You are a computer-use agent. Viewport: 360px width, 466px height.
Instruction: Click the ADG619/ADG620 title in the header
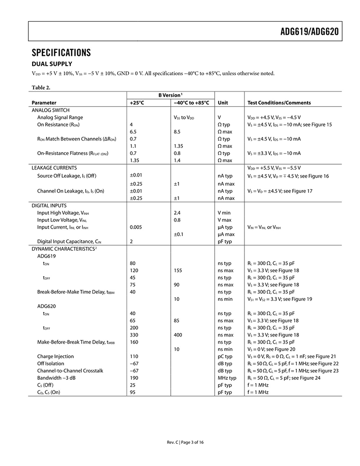[x=309, y=32]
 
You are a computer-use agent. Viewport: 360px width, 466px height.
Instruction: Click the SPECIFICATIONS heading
[x=61, y=52]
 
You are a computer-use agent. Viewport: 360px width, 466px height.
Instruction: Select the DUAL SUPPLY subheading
[x=52, y=64]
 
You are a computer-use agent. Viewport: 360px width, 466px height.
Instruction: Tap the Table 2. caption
[x=41, y=88]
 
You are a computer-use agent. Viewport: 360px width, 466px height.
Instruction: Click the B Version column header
[x=170, y=95]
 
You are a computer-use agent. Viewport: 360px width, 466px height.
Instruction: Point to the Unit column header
[x=223, y=103]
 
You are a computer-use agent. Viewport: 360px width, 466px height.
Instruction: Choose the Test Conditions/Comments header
[x=279, y=103]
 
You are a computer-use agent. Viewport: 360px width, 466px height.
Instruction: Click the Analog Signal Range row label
[x=60, y=117]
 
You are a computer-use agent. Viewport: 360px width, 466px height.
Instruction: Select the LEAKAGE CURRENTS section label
[x=54, y=168]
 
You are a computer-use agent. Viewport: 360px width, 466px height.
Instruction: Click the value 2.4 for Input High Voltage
[x=177, y=212]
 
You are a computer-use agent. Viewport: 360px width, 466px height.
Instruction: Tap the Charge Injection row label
[x=55, y=356]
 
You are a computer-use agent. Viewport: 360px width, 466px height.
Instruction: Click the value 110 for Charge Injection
[x=134, y=356]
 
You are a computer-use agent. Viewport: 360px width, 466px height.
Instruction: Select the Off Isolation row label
[x=51, y=363]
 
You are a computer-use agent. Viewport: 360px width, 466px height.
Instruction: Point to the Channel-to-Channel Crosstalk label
[x=70, y=371]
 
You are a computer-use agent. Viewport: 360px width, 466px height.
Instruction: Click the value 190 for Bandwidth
[x=134, y=378]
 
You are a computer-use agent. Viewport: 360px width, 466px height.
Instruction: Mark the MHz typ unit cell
[x=227, y=378]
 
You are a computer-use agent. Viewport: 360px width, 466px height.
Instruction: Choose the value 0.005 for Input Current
[x=137, y=227]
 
